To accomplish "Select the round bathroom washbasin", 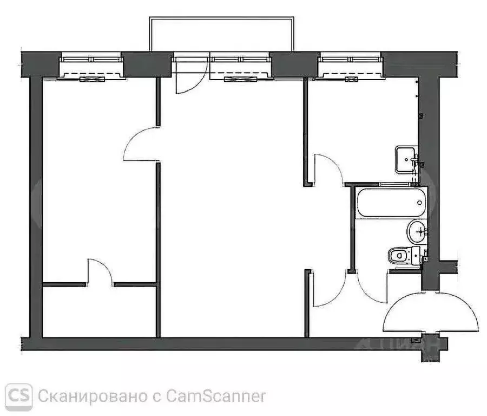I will point(417,231).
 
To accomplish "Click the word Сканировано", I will point(91,396).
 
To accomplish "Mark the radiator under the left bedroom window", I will point(90,79).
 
